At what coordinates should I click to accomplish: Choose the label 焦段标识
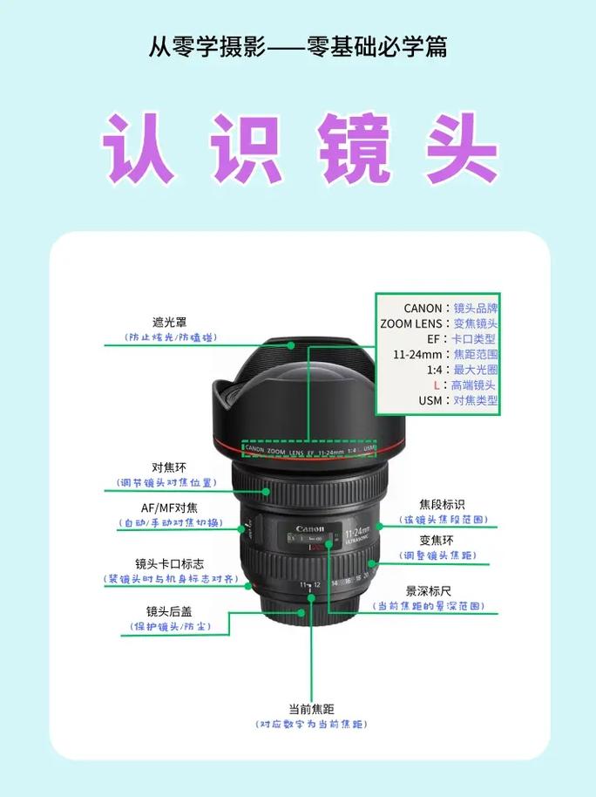coord(442,505)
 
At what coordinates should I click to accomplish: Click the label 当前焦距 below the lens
coord(312,709)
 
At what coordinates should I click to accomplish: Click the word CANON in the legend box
coord(423,308)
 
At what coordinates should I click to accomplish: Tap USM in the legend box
coord(430,400)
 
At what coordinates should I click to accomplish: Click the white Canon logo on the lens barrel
coord(309,529)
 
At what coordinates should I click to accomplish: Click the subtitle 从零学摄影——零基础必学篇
coord(298,46)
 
